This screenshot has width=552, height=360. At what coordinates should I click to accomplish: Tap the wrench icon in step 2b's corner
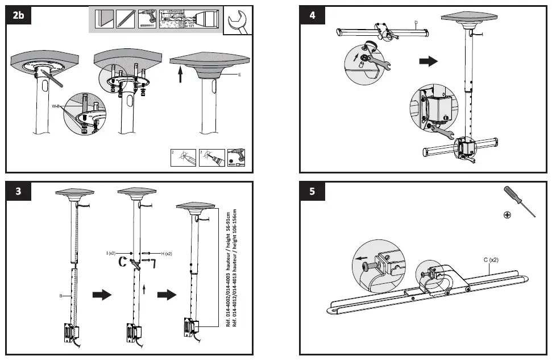(x=238, y=22)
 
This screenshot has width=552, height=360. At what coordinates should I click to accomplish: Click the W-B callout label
(x=56, y=106)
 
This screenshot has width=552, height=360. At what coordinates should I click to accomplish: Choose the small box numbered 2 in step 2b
(x=183, y=158)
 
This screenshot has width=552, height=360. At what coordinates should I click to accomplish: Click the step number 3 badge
(x=19, y=191)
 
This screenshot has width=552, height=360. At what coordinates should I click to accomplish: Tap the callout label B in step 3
(x=60, y=296)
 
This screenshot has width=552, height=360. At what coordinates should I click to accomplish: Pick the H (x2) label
(x=165, y=253)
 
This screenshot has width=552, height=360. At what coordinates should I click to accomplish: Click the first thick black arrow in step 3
(x=101, y=294)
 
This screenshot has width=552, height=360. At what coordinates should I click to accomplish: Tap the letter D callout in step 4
(x=416, y=23)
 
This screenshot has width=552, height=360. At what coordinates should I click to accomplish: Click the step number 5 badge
(x=312, y=191)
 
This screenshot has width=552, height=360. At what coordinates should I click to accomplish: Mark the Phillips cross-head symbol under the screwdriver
(x=507, y=214)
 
